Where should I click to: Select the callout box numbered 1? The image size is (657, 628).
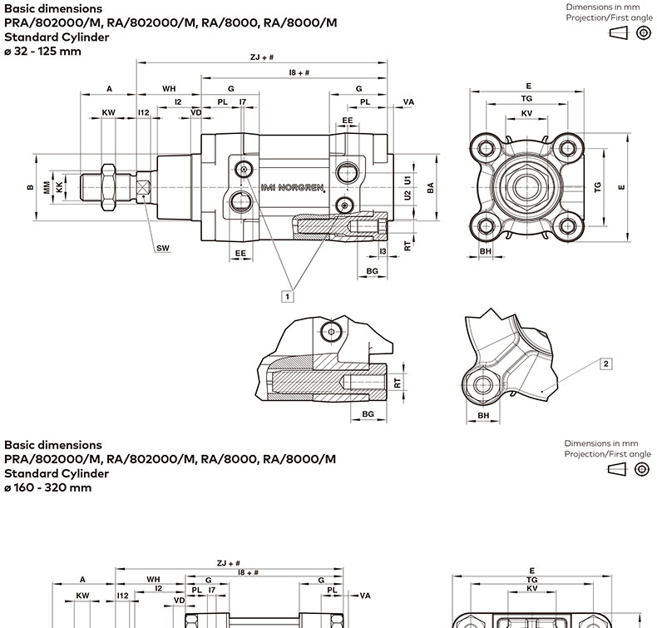287,295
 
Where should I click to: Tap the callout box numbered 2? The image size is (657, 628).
606,363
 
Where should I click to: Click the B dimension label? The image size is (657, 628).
31,187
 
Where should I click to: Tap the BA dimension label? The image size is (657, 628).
431,187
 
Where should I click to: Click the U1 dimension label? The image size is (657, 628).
408,180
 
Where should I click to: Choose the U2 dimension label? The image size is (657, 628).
408,195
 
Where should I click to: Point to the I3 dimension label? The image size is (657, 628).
383,250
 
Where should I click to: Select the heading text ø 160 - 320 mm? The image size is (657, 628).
47,487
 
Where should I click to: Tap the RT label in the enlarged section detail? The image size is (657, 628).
398,383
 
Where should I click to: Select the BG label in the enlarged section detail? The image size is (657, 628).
368,413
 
